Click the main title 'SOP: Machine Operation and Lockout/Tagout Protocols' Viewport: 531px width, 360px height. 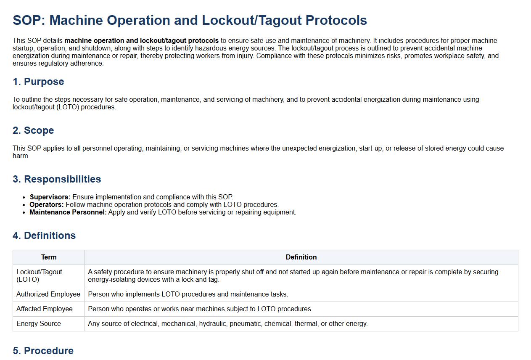(190, 20)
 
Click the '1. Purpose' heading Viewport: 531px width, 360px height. (38, 82)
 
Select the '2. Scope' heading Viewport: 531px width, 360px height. (33, 130)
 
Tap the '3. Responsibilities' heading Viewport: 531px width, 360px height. (57, 179)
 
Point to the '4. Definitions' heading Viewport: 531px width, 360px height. (44, 236)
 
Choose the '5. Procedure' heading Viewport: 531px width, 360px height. (43, 351)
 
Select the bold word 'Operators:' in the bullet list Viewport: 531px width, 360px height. (46, 204)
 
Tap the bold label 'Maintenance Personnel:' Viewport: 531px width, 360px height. (68, 212)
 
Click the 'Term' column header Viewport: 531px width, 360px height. (49, 257)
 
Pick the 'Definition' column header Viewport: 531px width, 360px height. (301, 257)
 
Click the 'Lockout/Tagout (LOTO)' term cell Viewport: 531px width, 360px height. (39, 275)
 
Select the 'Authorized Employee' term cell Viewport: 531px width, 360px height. (48, 294)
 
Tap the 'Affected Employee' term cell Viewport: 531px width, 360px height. (45, 309)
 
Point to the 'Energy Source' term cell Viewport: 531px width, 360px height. (39, 323)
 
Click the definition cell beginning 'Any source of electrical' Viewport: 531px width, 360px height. (227, 323)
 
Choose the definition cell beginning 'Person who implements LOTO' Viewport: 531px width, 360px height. (188, 294)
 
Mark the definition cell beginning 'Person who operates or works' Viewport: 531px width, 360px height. (200, 309)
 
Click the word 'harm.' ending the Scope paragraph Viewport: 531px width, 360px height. (21, 156)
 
